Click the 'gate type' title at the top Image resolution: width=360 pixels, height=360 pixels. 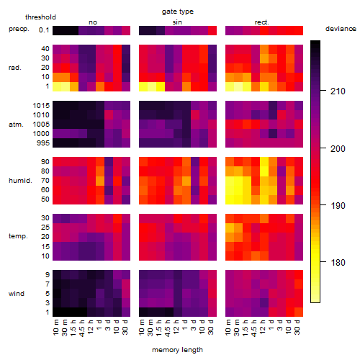click(x=178, y=12)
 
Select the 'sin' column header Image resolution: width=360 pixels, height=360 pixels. click(x=177, y=22)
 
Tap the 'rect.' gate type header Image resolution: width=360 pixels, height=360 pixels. click(x=261, y=22)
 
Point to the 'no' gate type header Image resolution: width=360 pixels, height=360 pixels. click(x=93, y=22)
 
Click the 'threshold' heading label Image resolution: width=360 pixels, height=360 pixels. click(x=40, y=17)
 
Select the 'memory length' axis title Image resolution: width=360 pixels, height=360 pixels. click(x=177, y=350)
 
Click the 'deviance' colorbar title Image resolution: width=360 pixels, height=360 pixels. click(x=341, y=29)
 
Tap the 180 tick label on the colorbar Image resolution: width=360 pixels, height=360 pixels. click(x=338, y=262)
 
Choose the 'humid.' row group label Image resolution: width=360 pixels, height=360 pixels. click(x=20, y=181)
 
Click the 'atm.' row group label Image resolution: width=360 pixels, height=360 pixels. click(x=16, y=125)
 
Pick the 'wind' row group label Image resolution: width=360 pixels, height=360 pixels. click(x=17, y=293)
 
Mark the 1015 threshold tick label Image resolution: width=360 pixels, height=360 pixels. click(x=41, y=106)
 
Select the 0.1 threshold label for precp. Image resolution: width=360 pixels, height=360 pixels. click(x=44, y=30)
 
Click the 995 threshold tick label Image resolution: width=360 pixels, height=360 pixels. click(x=43, y=143)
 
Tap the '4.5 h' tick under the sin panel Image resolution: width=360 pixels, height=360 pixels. click(x=168, y=328)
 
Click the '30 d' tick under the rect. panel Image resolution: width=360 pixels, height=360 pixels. click(x=297, y=327)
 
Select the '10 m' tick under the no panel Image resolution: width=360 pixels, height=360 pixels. click(x=55, y=328)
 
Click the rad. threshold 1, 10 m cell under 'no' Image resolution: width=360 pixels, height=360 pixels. click(x=57, y=86)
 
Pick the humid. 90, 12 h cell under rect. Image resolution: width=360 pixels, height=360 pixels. click(x=264, y=162)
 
